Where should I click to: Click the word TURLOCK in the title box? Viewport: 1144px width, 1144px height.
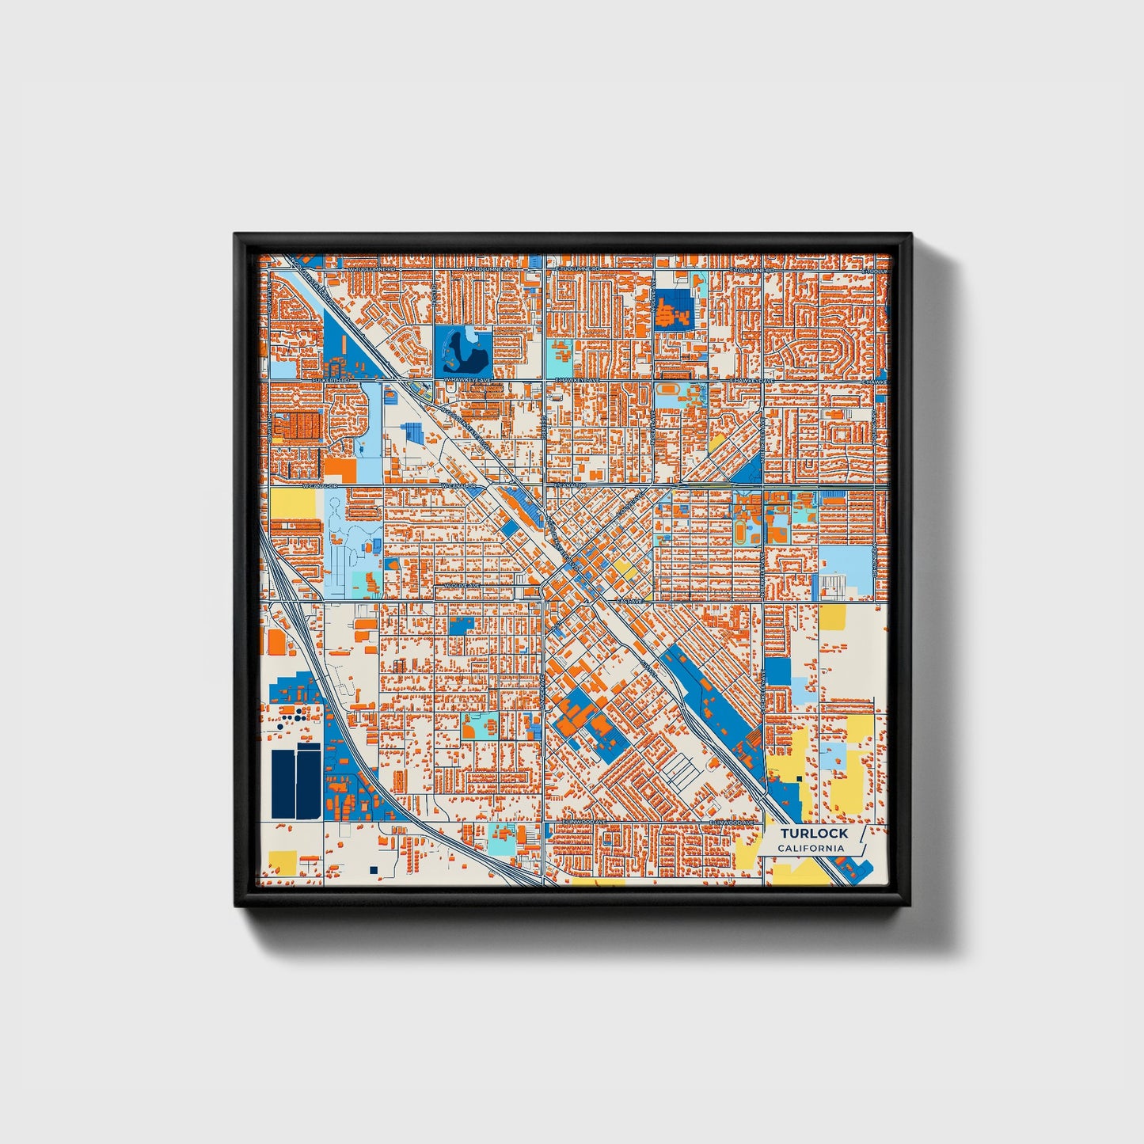coord(814,833)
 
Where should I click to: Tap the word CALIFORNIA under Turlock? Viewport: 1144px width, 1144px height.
coord(811,849)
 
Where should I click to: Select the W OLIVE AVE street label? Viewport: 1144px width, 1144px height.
coord(462,586)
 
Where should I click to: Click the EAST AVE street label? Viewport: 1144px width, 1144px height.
coord(631,602)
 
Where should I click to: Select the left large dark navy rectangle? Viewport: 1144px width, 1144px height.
coord(283,784)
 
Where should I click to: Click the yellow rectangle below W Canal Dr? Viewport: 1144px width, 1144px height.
coord(293,502)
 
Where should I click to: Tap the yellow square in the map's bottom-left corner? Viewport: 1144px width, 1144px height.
coord(283,861)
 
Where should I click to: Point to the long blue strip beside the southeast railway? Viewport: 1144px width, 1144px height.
coord(713,697)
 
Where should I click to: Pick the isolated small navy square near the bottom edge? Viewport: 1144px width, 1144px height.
coord(373,870)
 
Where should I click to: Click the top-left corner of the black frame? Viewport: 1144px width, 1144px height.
coord(235,234)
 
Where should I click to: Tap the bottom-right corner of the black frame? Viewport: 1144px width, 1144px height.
coord(910,905)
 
